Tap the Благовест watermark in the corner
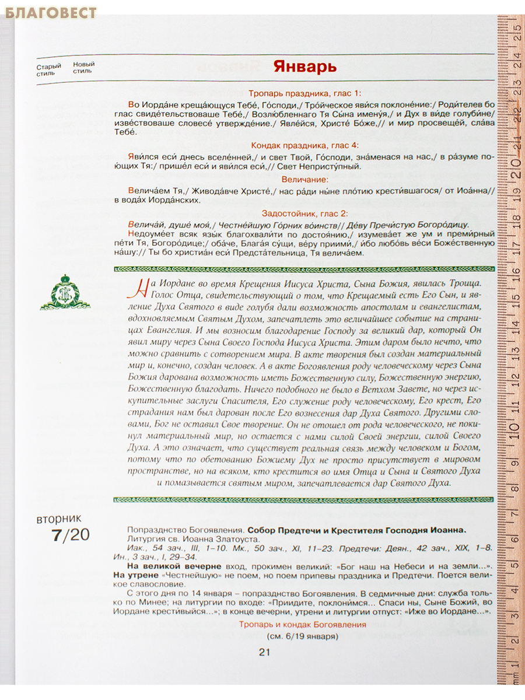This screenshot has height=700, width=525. coord(51,12)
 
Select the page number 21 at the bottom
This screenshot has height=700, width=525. coord(264,653)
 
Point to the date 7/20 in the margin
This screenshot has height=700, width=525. coord(69,534)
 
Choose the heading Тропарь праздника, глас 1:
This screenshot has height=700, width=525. coord(305,93)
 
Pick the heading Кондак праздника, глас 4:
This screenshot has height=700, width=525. coord(305,145)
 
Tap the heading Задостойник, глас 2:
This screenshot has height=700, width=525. coord(305,213)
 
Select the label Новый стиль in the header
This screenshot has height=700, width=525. coord(83,68)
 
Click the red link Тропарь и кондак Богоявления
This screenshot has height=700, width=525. coord(302,624)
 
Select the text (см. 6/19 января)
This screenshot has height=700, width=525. coord(302,636)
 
